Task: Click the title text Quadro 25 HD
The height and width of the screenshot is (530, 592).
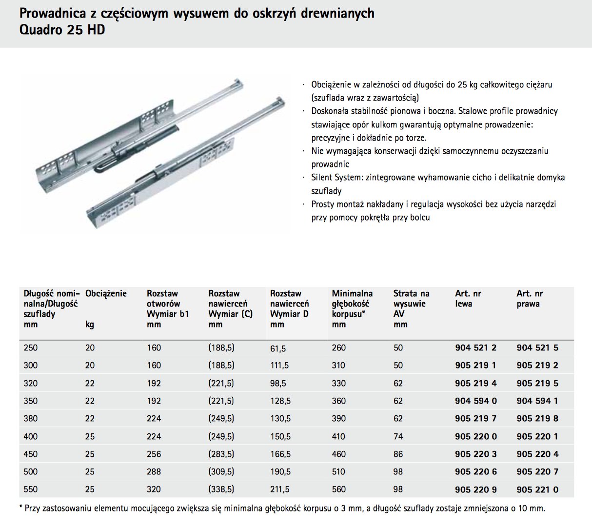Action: point(62,30)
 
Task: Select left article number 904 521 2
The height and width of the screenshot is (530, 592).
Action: point(475,348)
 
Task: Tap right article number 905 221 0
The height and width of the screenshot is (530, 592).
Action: point(537,489)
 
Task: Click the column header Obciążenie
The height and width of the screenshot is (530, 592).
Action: point(106,294)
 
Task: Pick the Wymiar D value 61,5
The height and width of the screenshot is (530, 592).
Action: point(278,348)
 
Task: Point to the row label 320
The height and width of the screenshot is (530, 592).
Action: point(30,384)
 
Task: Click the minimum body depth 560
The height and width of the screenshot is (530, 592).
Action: point(338,489)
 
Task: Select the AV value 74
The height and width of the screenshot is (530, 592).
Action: point(398,436)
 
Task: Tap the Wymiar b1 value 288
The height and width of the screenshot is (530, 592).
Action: point(154,472)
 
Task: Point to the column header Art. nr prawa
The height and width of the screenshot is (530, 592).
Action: point(529,299)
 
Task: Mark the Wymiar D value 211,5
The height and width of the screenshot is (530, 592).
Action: point(280,489)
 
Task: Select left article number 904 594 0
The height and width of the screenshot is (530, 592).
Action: point(475,401)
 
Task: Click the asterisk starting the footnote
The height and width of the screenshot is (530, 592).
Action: point(21,508)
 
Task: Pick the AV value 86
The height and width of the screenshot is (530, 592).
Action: point(398,454)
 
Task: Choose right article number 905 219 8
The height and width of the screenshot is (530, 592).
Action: point(537,419)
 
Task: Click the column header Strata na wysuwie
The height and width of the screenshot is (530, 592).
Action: point(411,299)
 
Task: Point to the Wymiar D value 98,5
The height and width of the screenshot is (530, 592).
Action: point(278,384)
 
